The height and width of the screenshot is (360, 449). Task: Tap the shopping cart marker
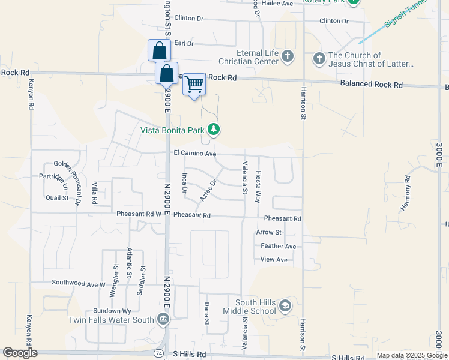click(194, 85)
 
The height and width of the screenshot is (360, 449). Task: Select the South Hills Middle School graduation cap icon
click(285, 307)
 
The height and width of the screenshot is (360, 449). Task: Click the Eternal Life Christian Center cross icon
click(288, 57)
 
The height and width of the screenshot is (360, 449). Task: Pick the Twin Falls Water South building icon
click(163, 320)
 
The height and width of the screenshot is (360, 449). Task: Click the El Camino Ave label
click(194, 154)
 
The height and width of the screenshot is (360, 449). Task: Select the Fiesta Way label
click(258, 187)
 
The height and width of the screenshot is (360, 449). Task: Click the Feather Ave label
click(278, 246)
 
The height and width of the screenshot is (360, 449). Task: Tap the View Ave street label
click(274, 260)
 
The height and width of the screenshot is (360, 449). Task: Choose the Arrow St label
click(268, 232)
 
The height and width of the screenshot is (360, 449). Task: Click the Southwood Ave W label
click(79, 283)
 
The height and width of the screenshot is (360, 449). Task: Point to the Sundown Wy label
click(112, 311)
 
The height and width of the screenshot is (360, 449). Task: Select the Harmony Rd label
click(408, 193)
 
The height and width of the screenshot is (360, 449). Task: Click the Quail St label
click(57, 197)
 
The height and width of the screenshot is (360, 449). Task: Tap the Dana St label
click(206, 314)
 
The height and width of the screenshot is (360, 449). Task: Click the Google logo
click(20, 353)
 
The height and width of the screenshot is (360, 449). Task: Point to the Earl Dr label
click(184, 43)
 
